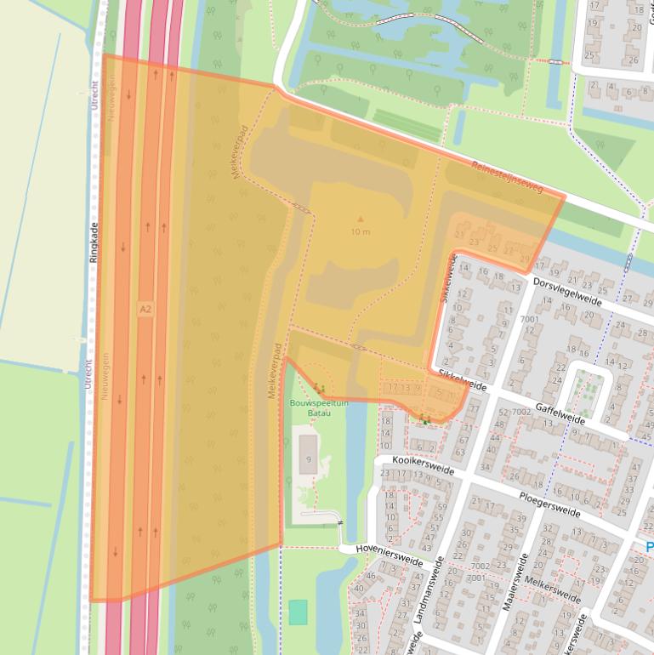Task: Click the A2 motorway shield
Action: pyautogui.click(x=145, y=310)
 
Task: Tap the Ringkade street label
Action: pyautogui.click(x=94, y=242)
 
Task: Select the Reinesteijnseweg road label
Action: pyautogui.click(x=508, y=176)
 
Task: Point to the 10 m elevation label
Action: pyautogui.click(x=360, y=231)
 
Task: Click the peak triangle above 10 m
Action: pyautogui.click(x=360, y=219)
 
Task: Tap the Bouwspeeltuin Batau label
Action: pyautogui.click(x=316, y=407)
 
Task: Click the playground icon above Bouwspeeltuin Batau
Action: pyautogui.click(x=319, y=389)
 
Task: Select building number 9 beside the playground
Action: pyautogui.click(x=307, y=459)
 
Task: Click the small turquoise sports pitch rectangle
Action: pyautogui.click(x=298, y=612)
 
